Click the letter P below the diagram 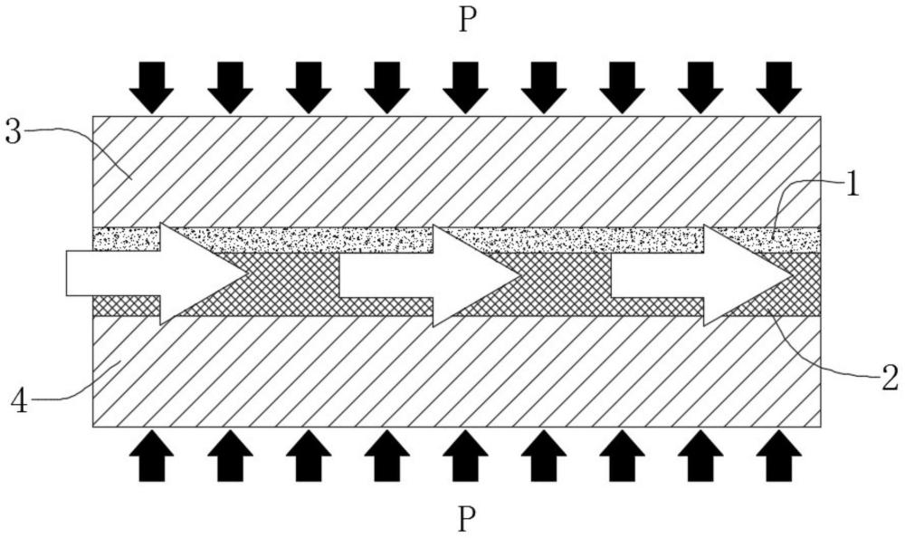pyautogui.click(x=467, y=519)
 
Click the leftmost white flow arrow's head pyautogui.click(x=199, y=274)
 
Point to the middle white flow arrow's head pyautogui.click(x=472, y=274)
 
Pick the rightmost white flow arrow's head pyautogui.click(x=743, y=274)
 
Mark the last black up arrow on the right pyautogui.click(x=779, y=455)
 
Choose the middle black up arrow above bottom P pyautogui.click(x=464, y=455)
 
